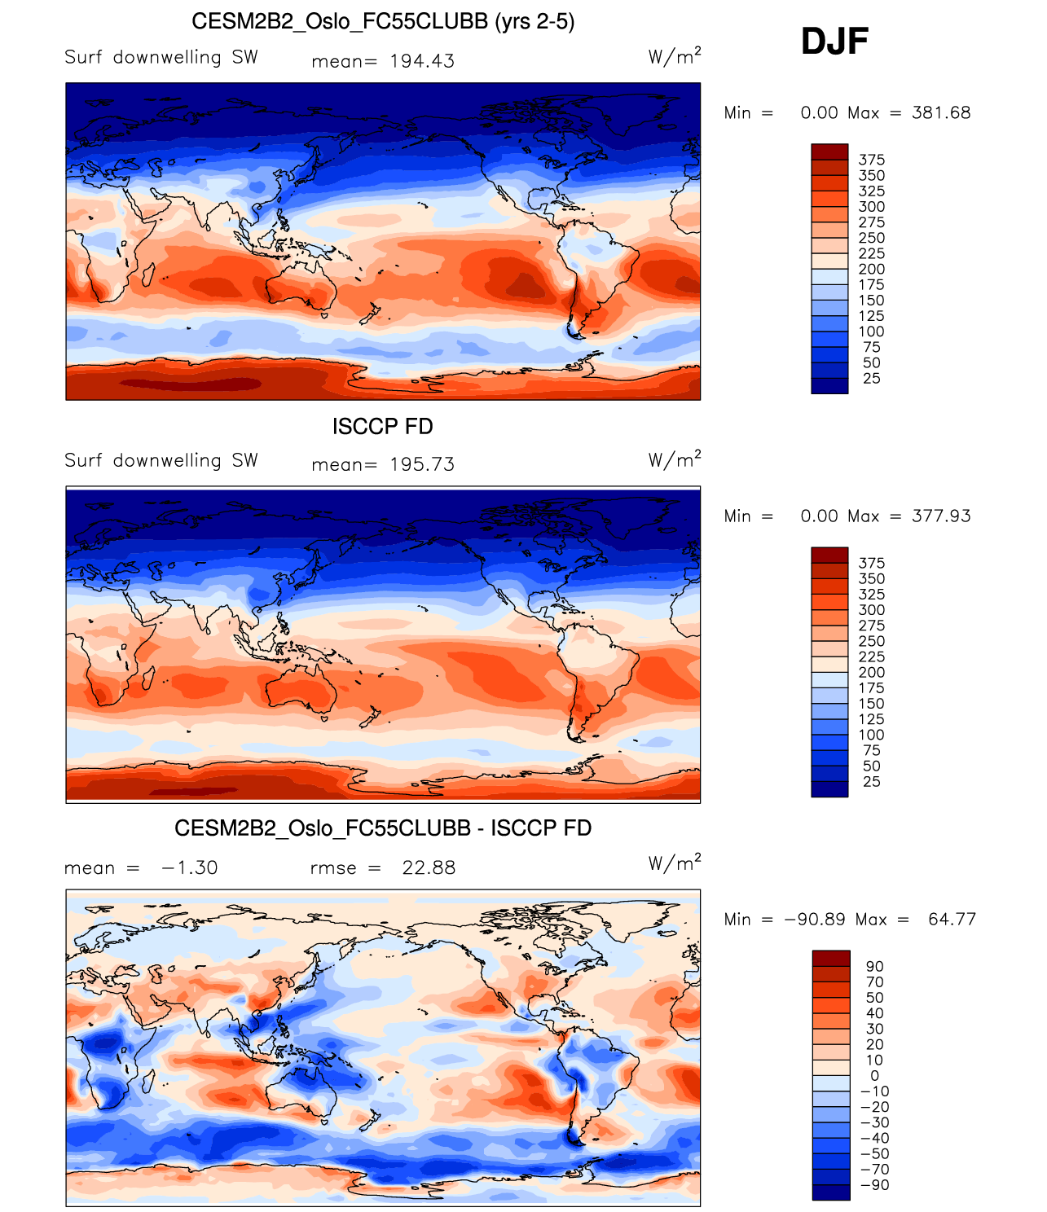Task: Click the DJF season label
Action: [x=834, y=42]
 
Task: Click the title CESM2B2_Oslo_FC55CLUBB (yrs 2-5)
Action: [x=383, y=21]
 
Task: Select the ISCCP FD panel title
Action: [x=382, y=426]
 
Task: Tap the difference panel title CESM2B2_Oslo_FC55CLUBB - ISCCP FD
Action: [x=383, y=828]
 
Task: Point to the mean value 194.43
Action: [x=422, y=61]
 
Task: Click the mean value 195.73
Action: [x=422, y=464]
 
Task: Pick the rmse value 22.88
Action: [x=429, y=867]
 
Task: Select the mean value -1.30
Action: [x=189, y=867]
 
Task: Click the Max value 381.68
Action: [x=941, y=113]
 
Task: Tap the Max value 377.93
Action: [x=941, y=516]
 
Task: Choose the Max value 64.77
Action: [x=952, y=920]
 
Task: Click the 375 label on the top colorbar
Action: [x=871, y=160]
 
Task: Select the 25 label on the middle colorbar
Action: [x=871, y=782]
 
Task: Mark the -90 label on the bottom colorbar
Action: [x=874, y=1185]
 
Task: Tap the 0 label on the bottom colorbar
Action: [x=874, y=1076]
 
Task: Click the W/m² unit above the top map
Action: [x=674, y=56]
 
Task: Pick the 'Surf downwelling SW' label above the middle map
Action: [x=161, y=461]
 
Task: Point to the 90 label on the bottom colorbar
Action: [x=874, y=967]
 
